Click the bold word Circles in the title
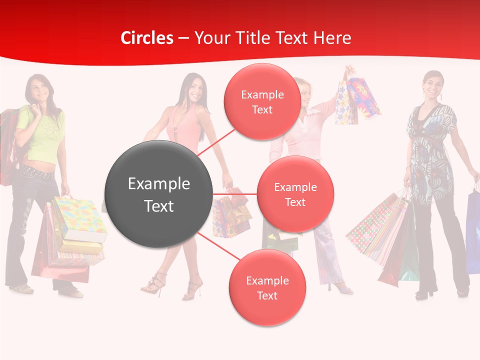click(146, 38)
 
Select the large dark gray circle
click(158, 194)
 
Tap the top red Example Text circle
click(262, 101)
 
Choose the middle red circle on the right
click(295, 194)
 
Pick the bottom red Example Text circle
click(267, 287)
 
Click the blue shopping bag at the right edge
click(473, 230)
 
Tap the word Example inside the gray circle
click(158, 183)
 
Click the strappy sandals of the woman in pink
click(155, 285)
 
